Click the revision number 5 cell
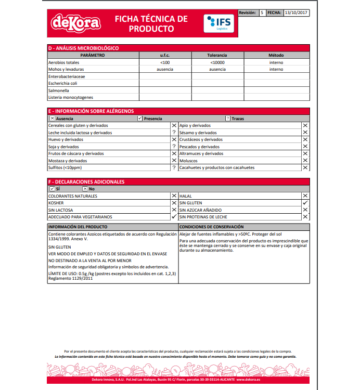262,12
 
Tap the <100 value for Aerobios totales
165,62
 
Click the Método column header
276,55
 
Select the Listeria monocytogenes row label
71,97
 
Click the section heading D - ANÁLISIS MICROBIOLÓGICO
83,48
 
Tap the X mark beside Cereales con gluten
174,126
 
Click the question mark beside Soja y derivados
174,147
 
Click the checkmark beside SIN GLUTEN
305,203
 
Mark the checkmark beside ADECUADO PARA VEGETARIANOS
174,217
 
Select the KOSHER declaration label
56,203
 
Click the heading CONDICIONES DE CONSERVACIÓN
212,227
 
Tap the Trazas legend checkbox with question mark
227,119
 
